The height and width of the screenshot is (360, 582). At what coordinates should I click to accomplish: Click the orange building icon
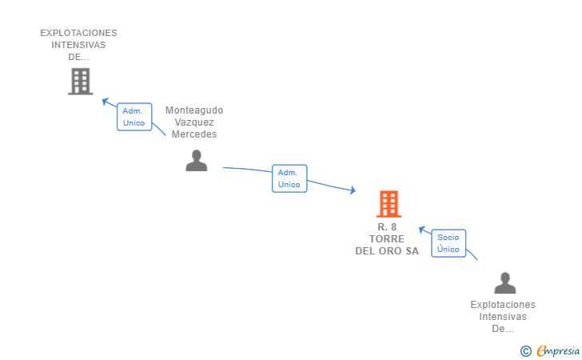point(389,203)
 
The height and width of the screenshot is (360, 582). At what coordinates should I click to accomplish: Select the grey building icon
point(81,82)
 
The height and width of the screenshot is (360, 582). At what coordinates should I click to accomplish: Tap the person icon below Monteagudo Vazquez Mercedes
point(197,161)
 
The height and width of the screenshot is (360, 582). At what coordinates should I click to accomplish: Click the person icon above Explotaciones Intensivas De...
point(504,283)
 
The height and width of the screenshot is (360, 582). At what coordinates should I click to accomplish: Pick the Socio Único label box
point(448,243)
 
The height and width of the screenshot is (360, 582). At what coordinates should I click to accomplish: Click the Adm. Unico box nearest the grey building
point(134,117)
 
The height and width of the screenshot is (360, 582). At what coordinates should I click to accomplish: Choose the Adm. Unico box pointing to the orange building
point(289,178)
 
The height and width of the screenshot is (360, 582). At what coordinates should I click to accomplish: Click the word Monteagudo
point(194,110)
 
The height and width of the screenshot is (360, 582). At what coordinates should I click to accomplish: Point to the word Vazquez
point(194,122)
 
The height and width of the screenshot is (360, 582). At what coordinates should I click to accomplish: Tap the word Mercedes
point(194,134)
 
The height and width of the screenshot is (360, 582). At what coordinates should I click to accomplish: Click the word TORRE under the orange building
point(387,239)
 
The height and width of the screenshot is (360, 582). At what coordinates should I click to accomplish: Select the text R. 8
point(387,226)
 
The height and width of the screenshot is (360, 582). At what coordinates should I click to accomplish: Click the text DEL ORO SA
point(387,251)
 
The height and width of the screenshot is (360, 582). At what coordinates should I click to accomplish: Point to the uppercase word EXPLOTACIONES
point(78,33)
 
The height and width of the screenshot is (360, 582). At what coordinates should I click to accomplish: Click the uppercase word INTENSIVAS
point(78,45)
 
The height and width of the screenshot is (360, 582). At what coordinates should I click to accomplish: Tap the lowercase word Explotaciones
point(503,305)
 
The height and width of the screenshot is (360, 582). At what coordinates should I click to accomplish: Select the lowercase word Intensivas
point(503,317)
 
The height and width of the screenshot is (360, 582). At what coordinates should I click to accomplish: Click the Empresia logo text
point(558,350)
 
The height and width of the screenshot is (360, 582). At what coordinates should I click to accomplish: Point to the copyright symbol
point(526,351)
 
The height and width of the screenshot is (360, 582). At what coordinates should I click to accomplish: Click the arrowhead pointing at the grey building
point(105,101)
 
